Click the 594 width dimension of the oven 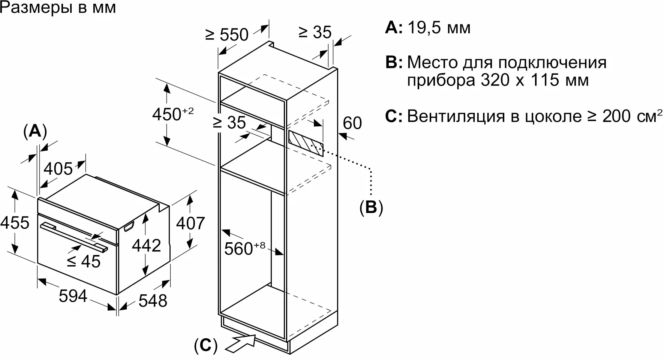(73, 296)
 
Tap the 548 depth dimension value (153, 300)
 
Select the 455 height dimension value (15, 223)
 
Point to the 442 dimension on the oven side (147, 246)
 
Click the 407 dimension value (190, 223)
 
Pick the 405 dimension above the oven (58, 169)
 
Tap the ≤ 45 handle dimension (84, 261)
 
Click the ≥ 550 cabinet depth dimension (227, 34)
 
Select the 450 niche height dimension (173, 114)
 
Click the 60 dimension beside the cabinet (352, 123)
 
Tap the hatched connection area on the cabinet (306, 143)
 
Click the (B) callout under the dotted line (371, 207)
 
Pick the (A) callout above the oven (35, 132)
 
